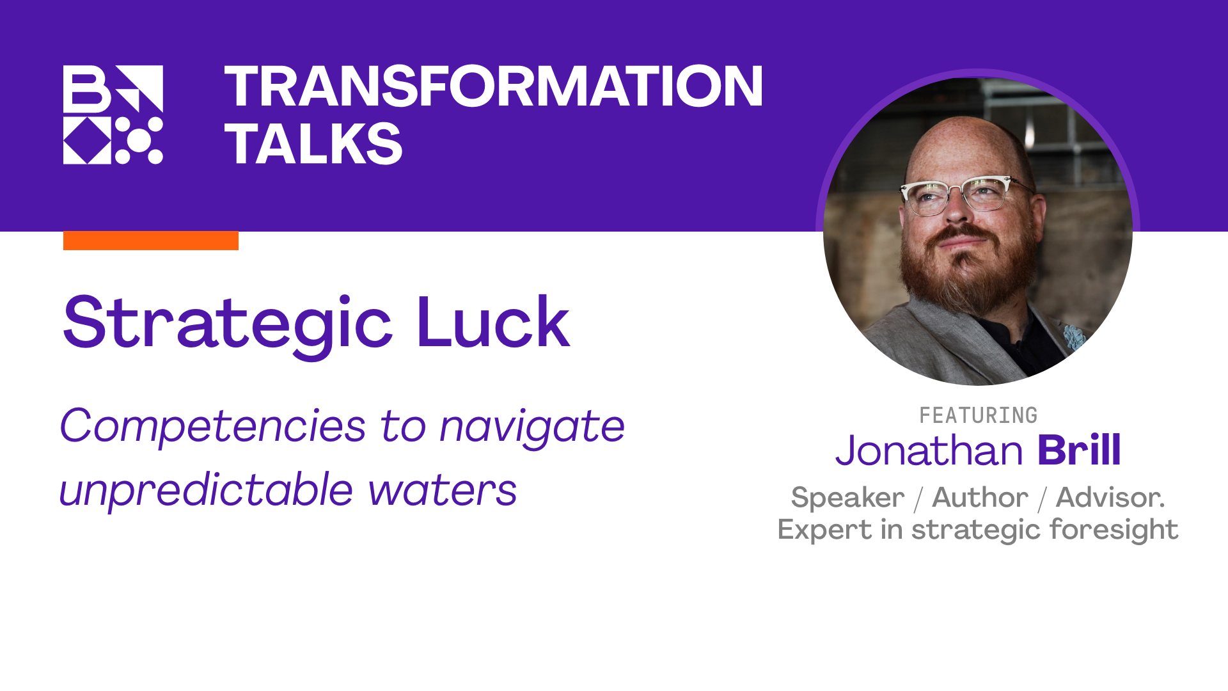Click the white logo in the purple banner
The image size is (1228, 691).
click(x=113, y=115)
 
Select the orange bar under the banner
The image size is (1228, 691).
click(x=151, y=241)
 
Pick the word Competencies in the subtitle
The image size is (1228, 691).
click(x=212, y=425)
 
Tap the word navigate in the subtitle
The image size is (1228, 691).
click(x=532, y=427)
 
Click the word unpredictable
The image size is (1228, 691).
click(x=206, y=490)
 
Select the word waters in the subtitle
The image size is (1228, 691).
click(x=443, y=491)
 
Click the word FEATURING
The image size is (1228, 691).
click(x=978, y=416)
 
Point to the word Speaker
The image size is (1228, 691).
click(x=847, y=498)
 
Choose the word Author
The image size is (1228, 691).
click(x=980, y=498)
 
